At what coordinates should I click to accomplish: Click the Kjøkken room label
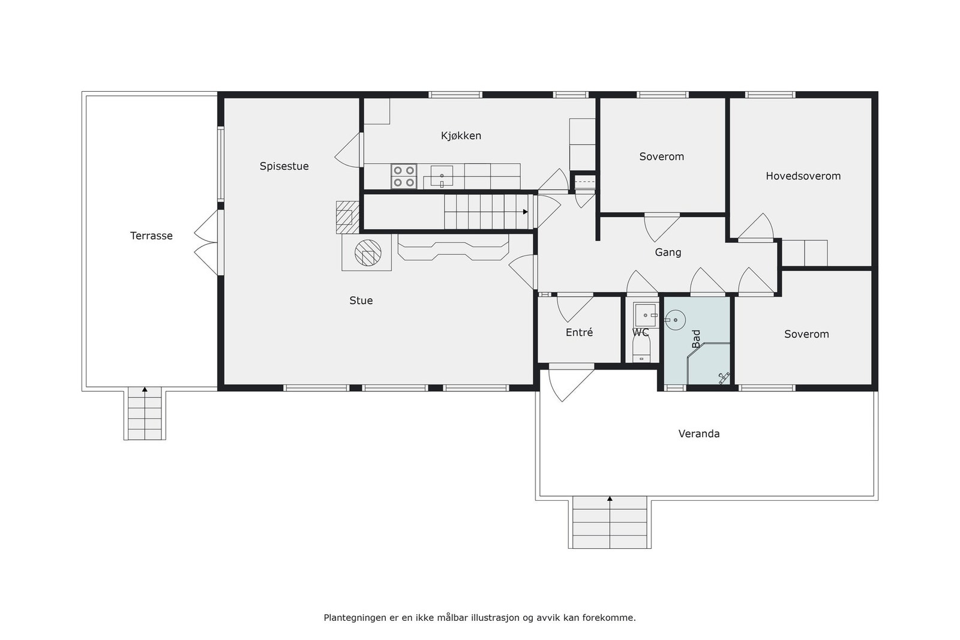pyautogui.click(x=461, y=136)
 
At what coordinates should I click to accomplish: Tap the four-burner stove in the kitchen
pyautogui.click(x=404, y=176)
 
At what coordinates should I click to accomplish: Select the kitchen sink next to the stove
pyautogui.click(x=442, y=176)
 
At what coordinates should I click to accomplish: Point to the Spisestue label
pyautogui.click(x=284, y=166)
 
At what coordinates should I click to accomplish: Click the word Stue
pyautogui.click(x=361, y=301)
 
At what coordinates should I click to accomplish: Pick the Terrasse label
pyautogui.click(x=151, y=236)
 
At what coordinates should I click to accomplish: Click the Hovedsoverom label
pyautogui.click(x=803, y=176)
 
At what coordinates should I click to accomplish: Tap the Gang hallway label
pyautogui.click(x=668, y=253)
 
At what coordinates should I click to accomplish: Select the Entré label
pyautogui.click(x=579, y=332)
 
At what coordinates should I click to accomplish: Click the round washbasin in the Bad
pyautogui.click(x=676, y=320)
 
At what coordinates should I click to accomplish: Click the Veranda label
pyautogui.click(x=698, y=434)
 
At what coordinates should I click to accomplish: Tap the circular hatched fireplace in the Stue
pyautogui.click(x=368, y=253)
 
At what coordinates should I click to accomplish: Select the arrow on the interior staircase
pyautogui.click(x=525, y=212)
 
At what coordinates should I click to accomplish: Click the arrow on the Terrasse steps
pyautogui.click(x=145, y=389)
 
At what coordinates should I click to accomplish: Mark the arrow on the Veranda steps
pyautogui.click(x=610, y=498)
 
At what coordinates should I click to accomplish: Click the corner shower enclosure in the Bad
pyautogui.click(x=708, y=363)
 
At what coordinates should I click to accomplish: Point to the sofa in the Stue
pyautogui.click(x=453, y=247)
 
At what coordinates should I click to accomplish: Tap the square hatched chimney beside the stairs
pyautogui.click(x=347, y=217)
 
